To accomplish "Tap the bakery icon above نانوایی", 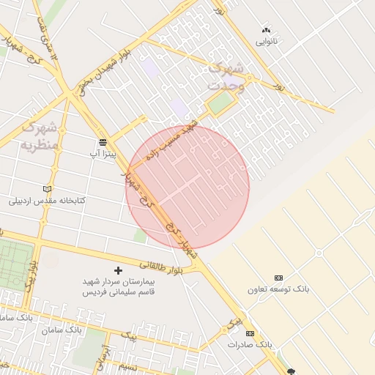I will (x=266, y=30).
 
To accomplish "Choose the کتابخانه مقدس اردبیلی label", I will (x=48, y=200).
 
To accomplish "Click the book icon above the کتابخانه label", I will (x=48, y=188).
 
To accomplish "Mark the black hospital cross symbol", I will (x=119, y=270).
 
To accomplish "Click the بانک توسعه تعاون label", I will (x=278, y=289).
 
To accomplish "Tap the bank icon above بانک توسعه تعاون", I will (x=278, y=278).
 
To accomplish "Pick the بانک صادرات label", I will (x=250, y=344).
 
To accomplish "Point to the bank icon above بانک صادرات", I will (x=250, y=333).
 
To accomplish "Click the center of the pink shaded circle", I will (x=187, y=187).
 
